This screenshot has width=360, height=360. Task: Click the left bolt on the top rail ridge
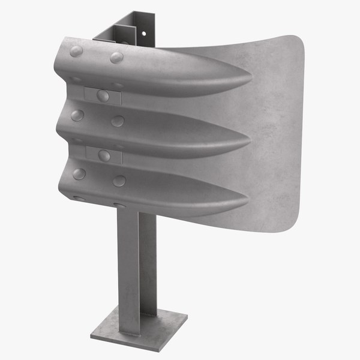[x=77, y=51]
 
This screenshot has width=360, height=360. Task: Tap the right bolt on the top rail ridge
[x=116, y=58]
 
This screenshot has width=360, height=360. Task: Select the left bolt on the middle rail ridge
[x=77, y=115]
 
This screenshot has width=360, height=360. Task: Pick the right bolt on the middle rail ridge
[x=118, y=121]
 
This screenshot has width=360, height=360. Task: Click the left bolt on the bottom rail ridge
[x=79, y=173]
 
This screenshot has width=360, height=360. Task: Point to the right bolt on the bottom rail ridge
[x=119, y=181]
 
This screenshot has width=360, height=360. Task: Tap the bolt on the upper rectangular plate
[x=103, y=95]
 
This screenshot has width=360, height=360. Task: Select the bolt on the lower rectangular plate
[x=104, y=155]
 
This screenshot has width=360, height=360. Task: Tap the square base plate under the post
[x=138, y=328]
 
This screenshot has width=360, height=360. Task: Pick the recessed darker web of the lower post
[x=144, y=264]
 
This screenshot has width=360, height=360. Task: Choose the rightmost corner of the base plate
[x=187, y=316]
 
